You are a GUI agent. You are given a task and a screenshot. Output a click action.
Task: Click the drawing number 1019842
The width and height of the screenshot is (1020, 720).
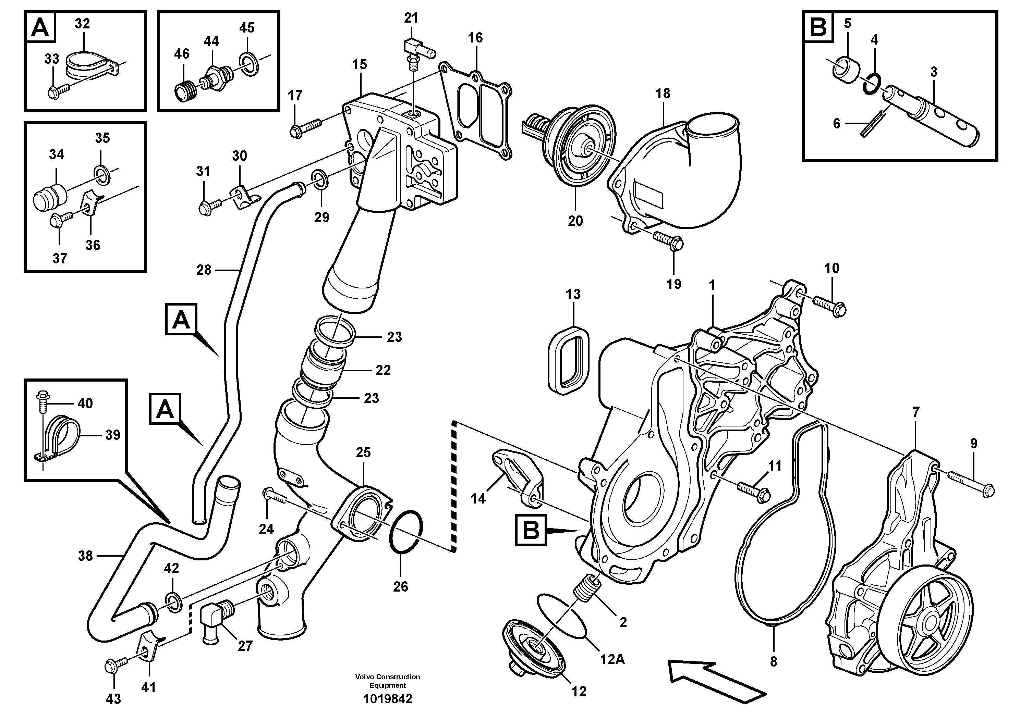pyautogui.click(x=387, y=699)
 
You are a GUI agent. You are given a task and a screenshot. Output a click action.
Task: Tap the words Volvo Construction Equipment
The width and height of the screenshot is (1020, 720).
pyautogui.click(x=387, y=681)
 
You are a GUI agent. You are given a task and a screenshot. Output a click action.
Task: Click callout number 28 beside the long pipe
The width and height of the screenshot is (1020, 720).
pyautogui.click(x=204, y=270)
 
